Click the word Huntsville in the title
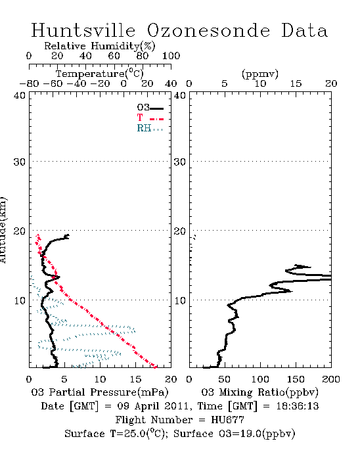(83, 30)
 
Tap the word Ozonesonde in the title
(208, 30)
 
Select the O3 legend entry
(150, 108)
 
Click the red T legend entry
(150, 118)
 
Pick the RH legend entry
(150, 129)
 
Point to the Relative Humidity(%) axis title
(100, 46)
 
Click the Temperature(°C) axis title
(100, 74)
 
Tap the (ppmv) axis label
(260, 74)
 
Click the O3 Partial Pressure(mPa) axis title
(100, 392)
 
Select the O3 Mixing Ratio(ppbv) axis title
(259, 392)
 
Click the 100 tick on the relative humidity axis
(171, 56)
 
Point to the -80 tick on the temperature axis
(29, 83)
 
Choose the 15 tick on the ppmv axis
(296, 83)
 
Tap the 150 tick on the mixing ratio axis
(296, 379)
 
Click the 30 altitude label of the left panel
(20, 162)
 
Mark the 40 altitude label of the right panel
(180, 96)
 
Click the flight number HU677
(227, 420)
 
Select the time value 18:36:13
(298, 406)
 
